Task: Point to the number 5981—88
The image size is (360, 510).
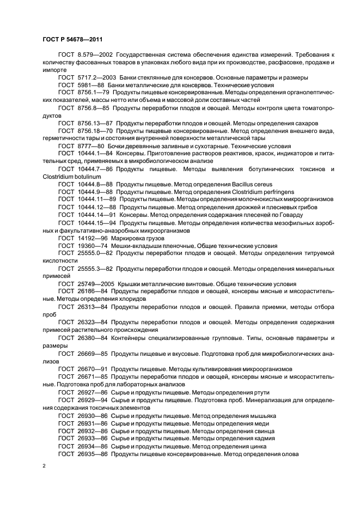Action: (x=90, y=85)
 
